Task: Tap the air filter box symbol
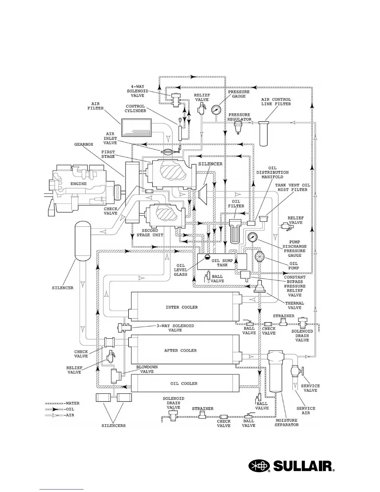[x=136, y=128]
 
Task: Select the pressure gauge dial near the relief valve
[x=216, y=109]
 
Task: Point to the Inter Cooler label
[x=182, y=307]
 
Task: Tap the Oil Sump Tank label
[x=222, y=263]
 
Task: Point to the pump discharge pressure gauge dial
[x=252, y=237]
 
